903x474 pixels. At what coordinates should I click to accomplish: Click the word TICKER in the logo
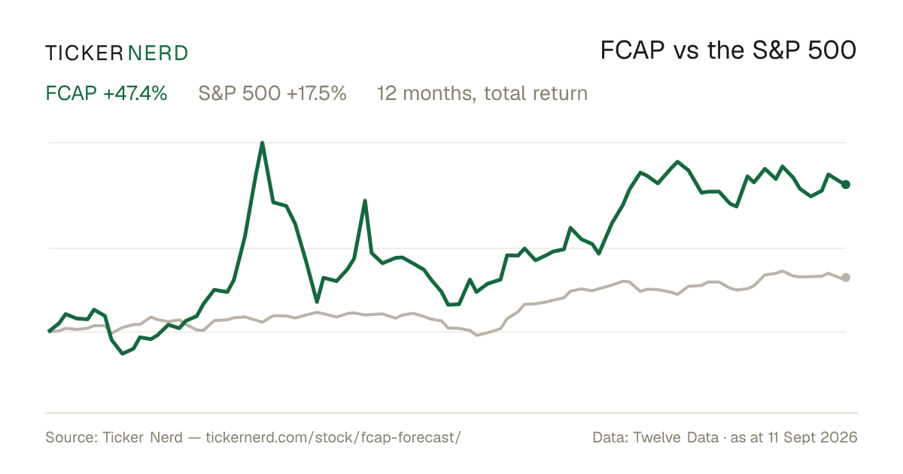point(84,53)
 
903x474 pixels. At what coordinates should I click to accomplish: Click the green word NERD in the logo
point(157,53)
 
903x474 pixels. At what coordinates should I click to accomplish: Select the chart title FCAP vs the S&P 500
point(728,51)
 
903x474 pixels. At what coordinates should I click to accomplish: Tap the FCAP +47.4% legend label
point(106,93)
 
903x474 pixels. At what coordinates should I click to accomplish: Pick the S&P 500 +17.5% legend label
point(272,93)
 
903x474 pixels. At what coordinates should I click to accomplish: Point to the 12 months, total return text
point(482,94)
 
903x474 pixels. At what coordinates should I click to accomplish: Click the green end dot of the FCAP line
point(846,184)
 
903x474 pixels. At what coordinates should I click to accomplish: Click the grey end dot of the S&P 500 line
point(846,278)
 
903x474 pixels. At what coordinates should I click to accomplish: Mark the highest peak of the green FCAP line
point(263,143)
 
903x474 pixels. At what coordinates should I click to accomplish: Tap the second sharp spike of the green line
point(365,201)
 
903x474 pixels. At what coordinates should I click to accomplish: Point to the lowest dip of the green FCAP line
point(123,354)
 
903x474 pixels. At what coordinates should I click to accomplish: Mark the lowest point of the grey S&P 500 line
point(477,335)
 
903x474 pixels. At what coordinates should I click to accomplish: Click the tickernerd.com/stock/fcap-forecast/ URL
point(333,437)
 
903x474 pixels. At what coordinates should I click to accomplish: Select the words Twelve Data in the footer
point(676,437)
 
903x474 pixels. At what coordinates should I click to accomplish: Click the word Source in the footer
point(71,437)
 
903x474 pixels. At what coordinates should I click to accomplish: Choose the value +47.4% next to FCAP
point(135,93)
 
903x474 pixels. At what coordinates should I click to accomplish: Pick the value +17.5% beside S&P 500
point(317,93)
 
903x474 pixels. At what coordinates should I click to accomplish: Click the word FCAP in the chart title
point(632,51)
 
